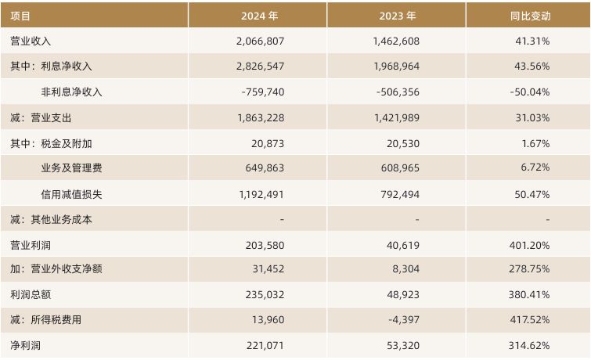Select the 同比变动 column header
[x=529, y=15]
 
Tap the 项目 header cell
[x=20, y=15]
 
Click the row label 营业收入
[x=31, y=41]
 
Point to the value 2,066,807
[x=259, y=41]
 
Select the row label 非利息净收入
[x=71, y=92]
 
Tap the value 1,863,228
[x=259, y=117]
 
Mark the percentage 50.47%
[x=532, y=193]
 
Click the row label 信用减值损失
[x=71, y=193]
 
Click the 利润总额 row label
[x=31, y=295]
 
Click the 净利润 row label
[x=25, y=345]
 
